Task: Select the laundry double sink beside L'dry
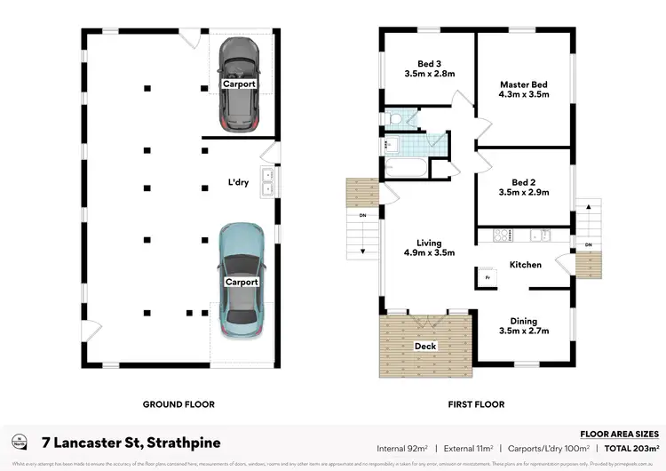coord(266,181)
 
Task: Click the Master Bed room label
coord(523,84)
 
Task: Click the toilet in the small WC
coord(394,118)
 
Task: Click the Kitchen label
coord(526,265)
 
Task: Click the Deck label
coord(425,346)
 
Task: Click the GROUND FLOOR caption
coord(178,404)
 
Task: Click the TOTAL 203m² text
coord(630,449)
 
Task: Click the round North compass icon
coord(19,442)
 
